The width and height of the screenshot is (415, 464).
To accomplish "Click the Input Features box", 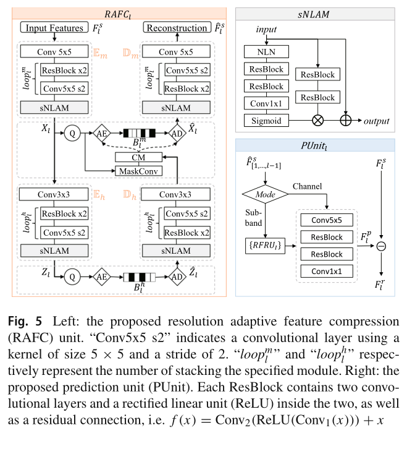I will [x=54, y=28].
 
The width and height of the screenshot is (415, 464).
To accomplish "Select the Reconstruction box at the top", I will [x=177, y=28].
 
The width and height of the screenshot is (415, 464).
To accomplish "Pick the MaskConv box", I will [x=138, y=170].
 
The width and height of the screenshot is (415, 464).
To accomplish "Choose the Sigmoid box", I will [x=266, y=121].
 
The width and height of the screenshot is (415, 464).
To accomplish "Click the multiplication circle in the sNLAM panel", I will [x=318, y=121].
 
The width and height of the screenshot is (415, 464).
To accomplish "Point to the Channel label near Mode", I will [x=307, y=186].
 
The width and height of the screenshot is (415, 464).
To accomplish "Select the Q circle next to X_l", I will [x=73, y=132].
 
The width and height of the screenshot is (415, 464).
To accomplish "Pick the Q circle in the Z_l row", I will [x=73, y=277].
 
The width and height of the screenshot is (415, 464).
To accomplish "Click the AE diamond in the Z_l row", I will [x=101, y=277].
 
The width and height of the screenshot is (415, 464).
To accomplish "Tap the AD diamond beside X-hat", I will [x=177, y=132].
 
